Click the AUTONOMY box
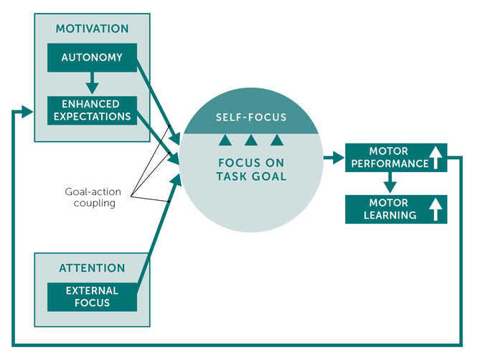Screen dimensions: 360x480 91,57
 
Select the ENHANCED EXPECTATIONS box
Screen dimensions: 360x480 91,110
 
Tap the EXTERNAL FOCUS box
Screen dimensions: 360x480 91,297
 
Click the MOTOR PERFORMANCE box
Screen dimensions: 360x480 395,158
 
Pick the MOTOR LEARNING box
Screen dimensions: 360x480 395,209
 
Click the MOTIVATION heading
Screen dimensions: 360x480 93,29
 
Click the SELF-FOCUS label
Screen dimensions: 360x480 251,117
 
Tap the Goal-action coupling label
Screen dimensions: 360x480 90,197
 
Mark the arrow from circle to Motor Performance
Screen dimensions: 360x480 333,158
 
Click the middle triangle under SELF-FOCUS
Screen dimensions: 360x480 250,139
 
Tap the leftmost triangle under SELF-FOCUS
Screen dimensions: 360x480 225,139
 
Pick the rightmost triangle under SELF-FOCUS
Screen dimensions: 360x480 277,139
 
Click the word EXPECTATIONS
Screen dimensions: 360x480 91,116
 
